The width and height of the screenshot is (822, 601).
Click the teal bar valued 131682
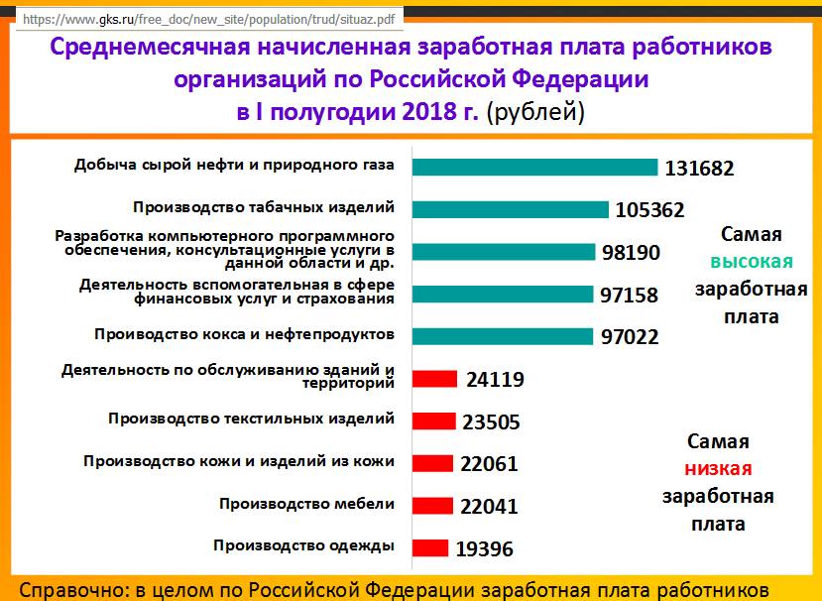(x=534, y=168)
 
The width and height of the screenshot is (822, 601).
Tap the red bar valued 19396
(x=429, y=548)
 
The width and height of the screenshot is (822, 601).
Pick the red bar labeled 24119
(x=433, y=379)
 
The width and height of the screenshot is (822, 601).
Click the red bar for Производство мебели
(x=432, y=506)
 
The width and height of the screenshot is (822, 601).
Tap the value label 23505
(x=491, y=421)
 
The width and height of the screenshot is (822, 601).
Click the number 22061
(x=489, y=464)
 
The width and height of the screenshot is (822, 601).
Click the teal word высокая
(x=751, y=262)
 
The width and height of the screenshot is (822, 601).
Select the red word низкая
(x=718, y=469)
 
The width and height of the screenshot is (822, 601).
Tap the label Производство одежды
(x=304, y=545)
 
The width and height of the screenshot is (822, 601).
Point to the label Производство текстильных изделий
(x=252, y=419)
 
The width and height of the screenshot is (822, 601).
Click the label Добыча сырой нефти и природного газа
(x=234, y=165)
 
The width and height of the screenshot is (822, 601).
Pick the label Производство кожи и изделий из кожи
(x=239, y=461)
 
